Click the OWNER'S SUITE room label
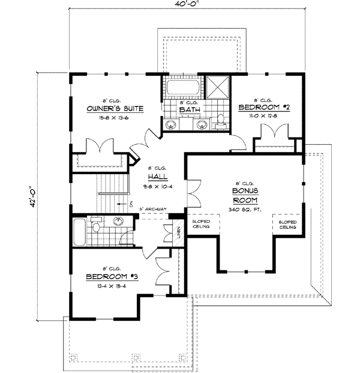tap(114, 108)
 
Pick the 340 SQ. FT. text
tap(246, 210)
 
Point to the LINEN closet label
tap(180, 230)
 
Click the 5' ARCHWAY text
tap(153, 209)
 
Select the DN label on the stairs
tap(130, 203)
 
